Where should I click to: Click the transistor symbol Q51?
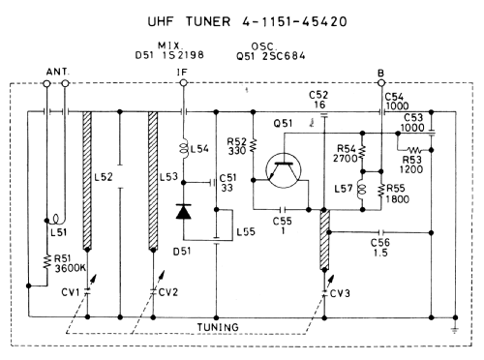[284, 170]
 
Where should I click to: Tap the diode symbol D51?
[184, 212]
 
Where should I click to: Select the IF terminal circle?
[184, 83]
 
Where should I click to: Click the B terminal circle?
[381, 83]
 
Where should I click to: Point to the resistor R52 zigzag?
[254, 145]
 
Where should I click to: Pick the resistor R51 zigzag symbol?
[47, 261]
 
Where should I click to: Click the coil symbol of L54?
[184, 149]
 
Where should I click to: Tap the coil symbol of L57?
[362, 190]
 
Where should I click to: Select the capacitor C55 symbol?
[283, 210]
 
